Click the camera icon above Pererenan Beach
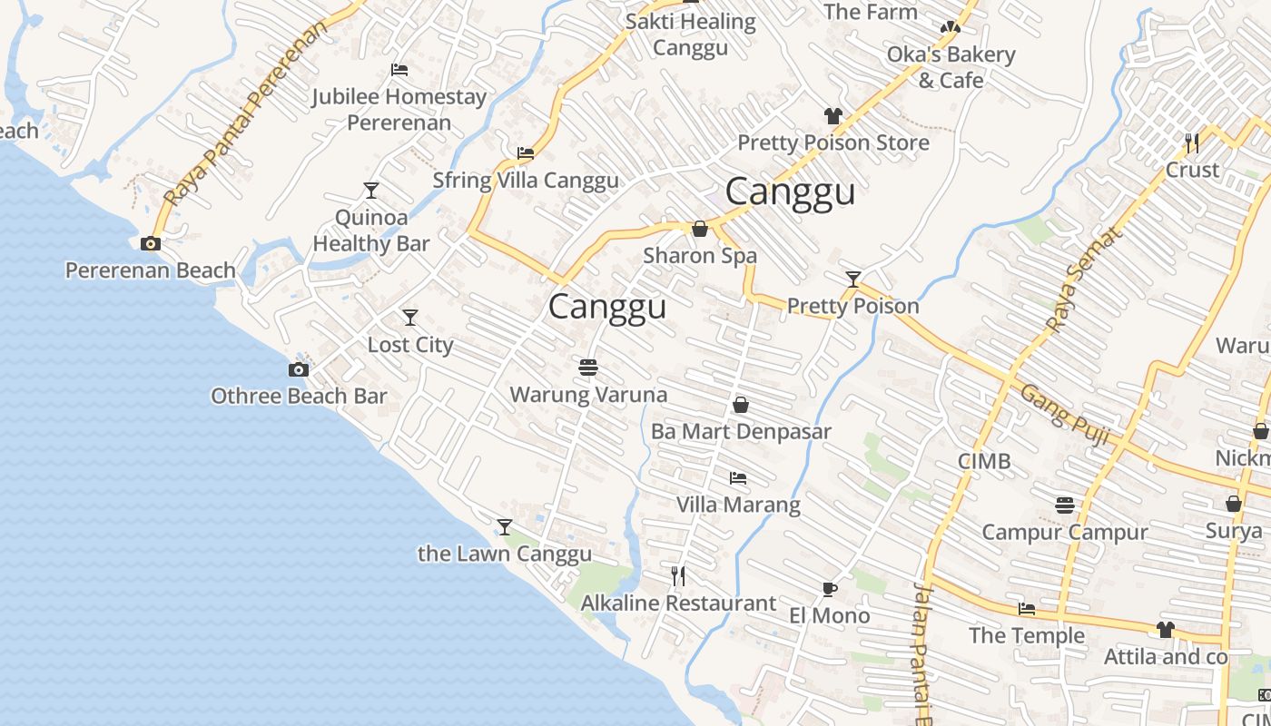tap(151, 243)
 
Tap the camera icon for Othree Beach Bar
tap(298, 369)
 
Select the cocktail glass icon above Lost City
tap(410, 317)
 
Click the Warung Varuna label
tap(588, 395)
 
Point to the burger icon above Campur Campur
tap(1065, 505)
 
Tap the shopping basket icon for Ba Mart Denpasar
tap(741, 405)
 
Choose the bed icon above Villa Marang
tap(738, 477)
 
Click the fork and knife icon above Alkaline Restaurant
tap(677, 575)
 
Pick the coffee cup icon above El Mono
tap(829, 589)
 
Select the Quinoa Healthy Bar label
tap(371, 231)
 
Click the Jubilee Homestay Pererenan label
tap(399, 109)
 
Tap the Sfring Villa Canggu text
tap(526, 180)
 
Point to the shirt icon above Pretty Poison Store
tap(833, 115)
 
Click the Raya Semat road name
tap(1084, 278)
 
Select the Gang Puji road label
tap(1065, 415)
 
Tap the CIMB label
tap(984, 461)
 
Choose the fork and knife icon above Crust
tap(1192, 142)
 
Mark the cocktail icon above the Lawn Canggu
tap(505, 526)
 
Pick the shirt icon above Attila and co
tap(1166, 629)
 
